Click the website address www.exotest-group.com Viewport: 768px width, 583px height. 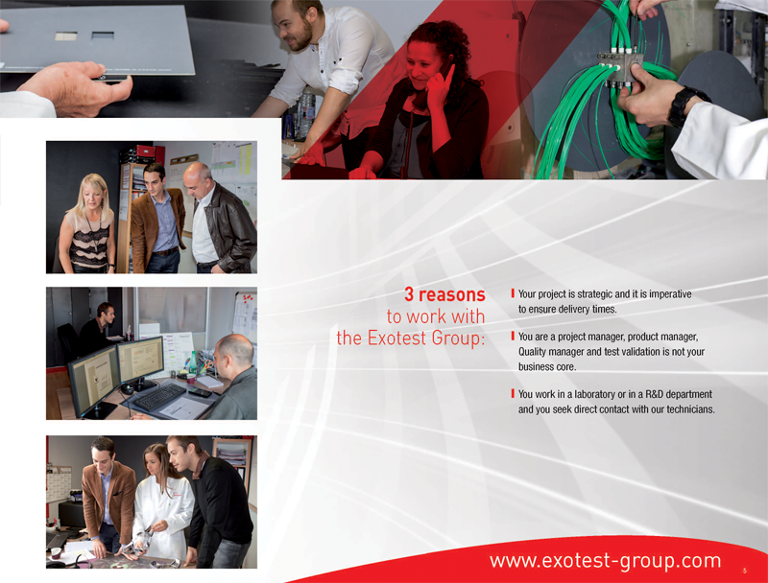pyautogui.click(x=606, y=561)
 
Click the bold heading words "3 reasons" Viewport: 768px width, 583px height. pyautogui.click(x=444, y=294)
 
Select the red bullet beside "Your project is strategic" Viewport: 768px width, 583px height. pyautogui.click(x=513, y=293)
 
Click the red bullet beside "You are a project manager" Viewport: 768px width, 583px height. pyautogui.click(x=513, y=336)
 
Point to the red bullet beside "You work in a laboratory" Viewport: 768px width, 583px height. pyautogui.click(x=513, y=393)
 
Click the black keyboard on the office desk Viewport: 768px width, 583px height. pyautogui.click(x=159, y=396)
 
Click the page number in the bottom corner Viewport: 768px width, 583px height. pyautogui.click(x=745, y=571)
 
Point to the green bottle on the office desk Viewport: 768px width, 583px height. pyautogui.click(x=193, y=363)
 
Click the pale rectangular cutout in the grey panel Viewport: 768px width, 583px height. pyautogui.click(x=65, y=35)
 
